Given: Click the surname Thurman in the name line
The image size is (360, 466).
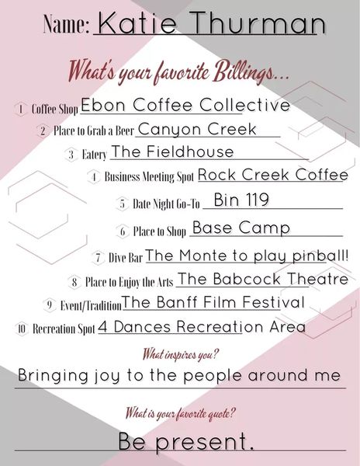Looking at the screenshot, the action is pos(259,23).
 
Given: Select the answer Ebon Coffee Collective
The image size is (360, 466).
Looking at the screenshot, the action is pos(185,105).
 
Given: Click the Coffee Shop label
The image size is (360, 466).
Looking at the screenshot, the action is pos(54,109).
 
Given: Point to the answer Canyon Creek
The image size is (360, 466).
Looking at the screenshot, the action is pos(197,129).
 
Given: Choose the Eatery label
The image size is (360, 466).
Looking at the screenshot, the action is pos(94,155).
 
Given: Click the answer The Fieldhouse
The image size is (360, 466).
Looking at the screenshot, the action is pos(172,151).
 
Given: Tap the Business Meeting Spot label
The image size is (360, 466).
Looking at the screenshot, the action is pos(149,176).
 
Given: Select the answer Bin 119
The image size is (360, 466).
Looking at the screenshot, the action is pos(241,200).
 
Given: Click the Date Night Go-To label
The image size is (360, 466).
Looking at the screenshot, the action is pos(166,203).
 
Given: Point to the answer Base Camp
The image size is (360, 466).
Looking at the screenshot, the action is pos(241,228).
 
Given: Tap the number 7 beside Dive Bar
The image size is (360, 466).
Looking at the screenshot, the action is pos(99,257).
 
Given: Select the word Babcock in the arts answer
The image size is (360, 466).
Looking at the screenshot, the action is pos(246,279).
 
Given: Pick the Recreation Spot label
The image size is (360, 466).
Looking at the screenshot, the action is pos(64,329).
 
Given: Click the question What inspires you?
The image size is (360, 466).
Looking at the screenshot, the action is pos(180,354).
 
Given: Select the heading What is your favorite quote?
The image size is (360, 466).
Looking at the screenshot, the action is pos(180,413).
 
